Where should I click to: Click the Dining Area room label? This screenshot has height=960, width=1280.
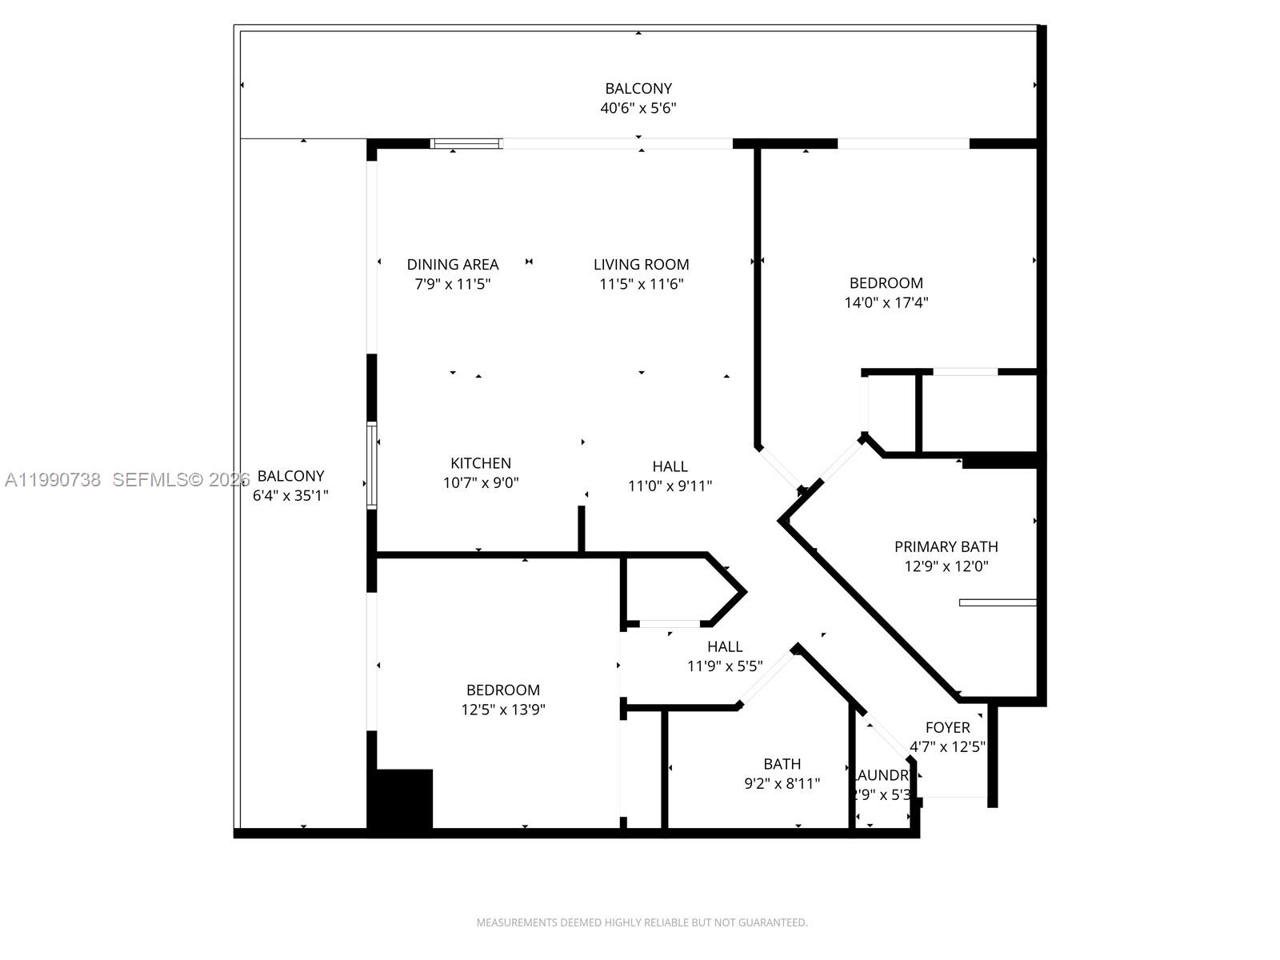(452, 264)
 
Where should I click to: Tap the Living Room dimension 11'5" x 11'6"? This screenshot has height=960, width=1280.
(641, 284)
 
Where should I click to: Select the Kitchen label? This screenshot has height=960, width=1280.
(480, 463)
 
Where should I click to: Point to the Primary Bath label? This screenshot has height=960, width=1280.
(946, 546)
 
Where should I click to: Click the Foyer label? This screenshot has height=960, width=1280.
(947, 727)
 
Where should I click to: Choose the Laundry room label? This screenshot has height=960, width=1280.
(882, 775)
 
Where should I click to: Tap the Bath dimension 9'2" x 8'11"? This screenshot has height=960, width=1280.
(782, 784)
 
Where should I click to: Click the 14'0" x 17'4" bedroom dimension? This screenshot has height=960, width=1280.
(886, 302)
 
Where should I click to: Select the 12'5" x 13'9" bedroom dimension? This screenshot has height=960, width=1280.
(503, 710)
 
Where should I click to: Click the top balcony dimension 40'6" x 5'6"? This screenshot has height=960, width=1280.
(638, 108)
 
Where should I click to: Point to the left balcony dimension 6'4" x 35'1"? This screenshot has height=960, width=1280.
(290, 495)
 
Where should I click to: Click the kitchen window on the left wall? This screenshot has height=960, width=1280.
(372, 466)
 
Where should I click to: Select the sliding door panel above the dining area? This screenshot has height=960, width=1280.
(466, 144)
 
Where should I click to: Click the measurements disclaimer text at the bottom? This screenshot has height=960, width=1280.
(642, 922)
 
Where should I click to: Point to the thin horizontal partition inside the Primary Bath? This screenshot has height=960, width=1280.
(998, 602)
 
